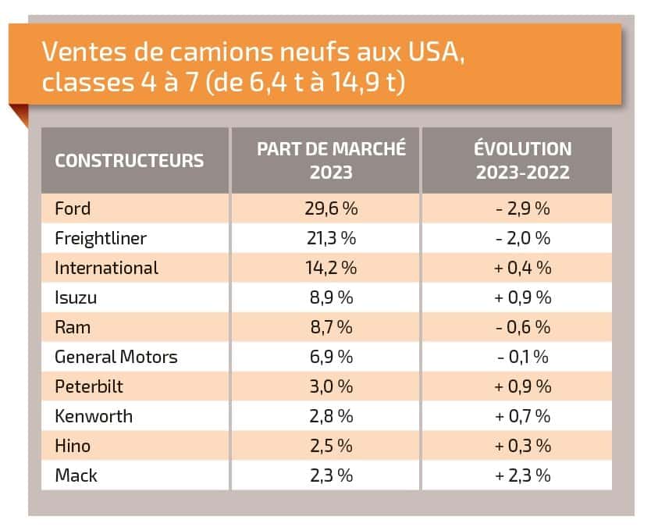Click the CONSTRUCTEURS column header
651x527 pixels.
coord(129,161)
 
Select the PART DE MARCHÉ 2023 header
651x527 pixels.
coord(331,160)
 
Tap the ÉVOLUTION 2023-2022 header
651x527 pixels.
coord(522,160)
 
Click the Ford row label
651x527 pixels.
coord(73,208)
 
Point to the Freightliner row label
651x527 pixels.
coord(101,238)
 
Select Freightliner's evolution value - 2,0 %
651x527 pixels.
coord(522,238)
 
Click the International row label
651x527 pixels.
coord(106,268)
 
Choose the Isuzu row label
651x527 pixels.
coord(76,297)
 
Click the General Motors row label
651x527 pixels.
coord(116,357)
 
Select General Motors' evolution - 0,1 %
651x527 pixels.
coord(522,357)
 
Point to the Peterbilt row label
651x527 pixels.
coord(89,386)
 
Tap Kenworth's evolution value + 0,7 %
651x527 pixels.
coord(522,416)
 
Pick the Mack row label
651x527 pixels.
coord(76,475)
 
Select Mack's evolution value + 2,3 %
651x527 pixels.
coord(522,475)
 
